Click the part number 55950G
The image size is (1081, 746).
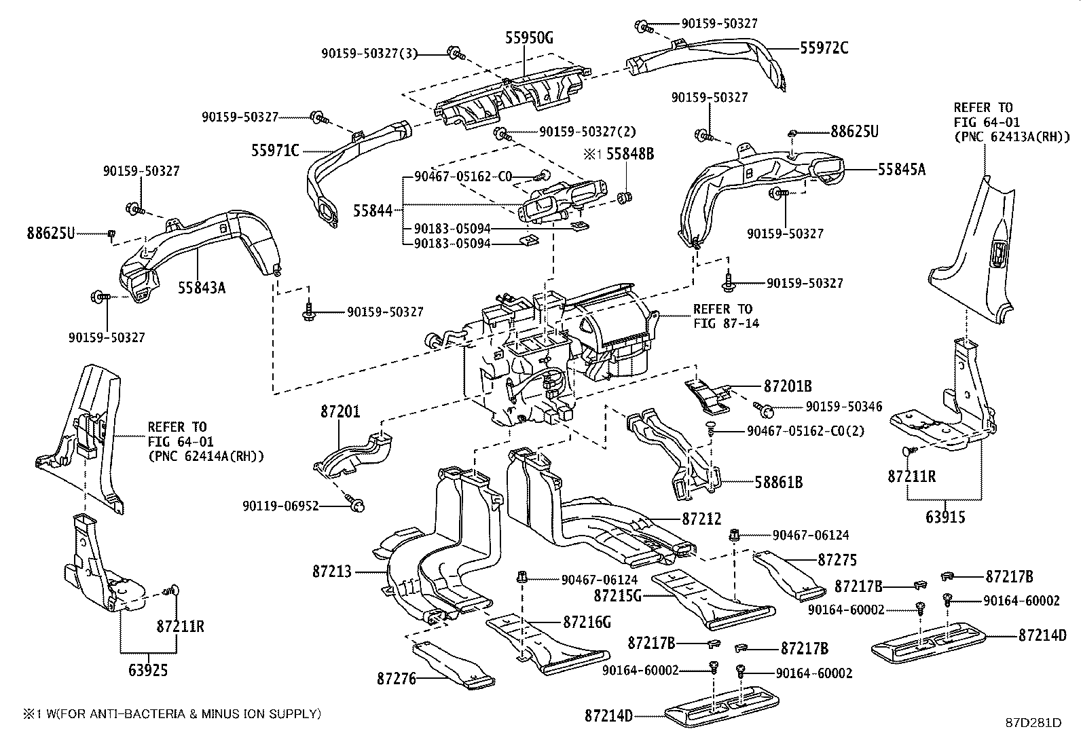(x=529, y=37)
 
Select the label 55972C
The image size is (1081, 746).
(x=824, y=48)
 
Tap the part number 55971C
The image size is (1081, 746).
(x=275, y=151)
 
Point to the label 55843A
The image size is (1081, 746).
(x=202, y=288)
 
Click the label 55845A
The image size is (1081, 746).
(x=902, y=170)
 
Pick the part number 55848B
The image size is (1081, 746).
(x=629, y=154)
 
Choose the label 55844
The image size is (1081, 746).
(x=373, y=211)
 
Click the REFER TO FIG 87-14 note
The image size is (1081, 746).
(x=726, y=316)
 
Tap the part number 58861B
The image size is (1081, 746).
(x=779, y=482)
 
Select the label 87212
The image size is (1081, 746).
(x=701, y=519)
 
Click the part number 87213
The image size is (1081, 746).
(x=332, y=572)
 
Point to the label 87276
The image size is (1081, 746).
(x=396, y=679)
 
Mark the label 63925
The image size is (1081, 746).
(x=148, y=670)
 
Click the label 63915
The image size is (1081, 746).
(x=945, y=517)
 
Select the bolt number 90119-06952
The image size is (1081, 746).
(x=281, y=506)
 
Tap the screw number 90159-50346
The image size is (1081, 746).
(x=844, y=407)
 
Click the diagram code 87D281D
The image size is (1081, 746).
(x=1033, y=722)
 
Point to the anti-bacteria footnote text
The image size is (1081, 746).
(x=172, y=713)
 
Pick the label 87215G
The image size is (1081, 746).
(x=618, y=596)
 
